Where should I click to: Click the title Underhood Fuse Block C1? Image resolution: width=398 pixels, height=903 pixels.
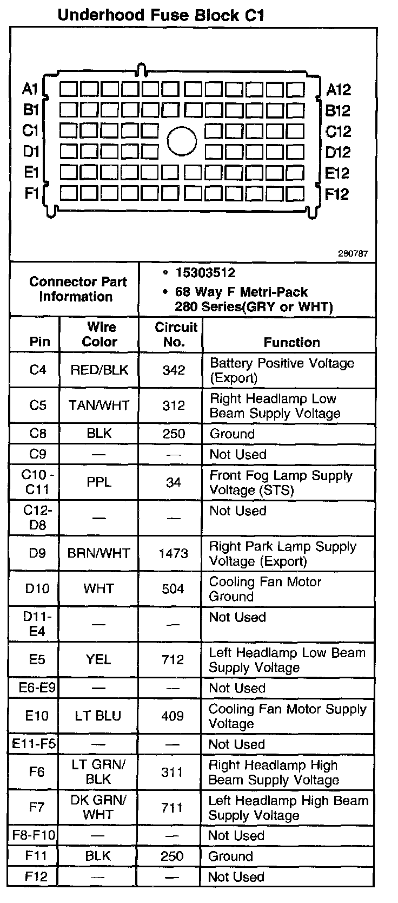(x=161, y=15)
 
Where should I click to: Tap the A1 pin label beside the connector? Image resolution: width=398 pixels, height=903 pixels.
(x=30, y=88)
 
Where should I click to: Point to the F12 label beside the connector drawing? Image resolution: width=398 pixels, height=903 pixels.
(x=337, y=194)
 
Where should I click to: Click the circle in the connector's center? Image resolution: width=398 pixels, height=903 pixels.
(x=182, y=141)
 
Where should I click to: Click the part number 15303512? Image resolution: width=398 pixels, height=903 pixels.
(x=205, y=273)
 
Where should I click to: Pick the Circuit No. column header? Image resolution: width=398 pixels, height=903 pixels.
(x=175, y=335)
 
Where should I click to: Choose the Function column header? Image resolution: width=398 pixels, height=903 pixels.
(x=291, y=342)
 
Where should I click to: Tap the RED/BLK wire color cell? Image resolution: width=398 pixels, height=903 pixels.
(x=99, y=370)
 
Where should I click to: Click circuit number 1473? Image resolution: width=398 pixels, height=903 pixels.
(x=174, y=553)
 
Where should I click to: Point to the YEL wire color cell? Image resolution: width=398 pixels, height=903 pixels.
(x=98, y=659)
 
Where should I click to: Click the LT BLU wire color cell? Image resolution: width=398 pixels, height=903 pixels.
(x=98, y=716)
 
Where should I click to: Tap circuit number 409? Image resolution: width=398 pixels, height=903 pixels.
(x=173, y=716)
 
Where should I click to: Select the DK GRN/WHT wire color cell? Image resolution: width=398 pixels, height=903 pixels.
(x=98, y=807)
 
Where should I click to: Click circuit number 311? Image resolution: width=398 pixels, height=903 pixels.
(x=172, y=772)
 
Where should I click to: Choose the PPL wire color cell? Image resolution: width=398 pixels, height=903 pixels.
(x=99, y=482)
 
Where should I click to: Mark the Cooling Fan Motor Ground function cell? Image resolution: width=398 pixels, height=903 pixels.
(x=265, y=589)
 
